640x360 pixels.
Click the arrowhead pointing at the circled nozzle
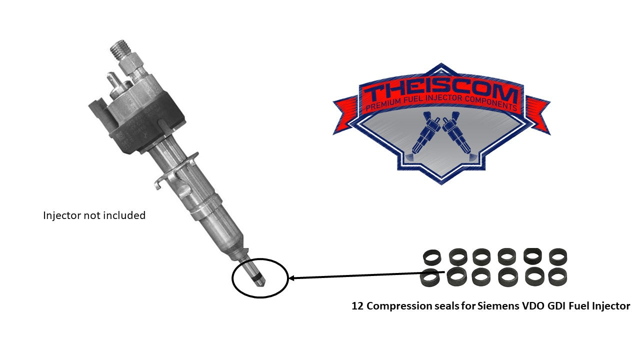click(x=292, y=277)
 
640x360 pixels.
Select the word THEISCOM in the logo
click(x=440, y=91)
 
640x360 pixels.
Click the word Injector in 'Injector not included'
click(x=61, y=215)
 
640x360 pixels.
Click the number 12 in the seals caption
click(x=357, y=306)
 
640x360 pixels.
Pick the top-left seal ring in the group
click(x=431, y=257)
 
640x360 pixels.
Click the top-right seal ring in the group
click(x=558, y=257)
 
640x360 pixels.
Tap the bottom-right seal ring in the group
click(x=558, y=277)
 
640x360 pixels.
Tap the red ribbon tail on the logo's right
click(x=538, y=115)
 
